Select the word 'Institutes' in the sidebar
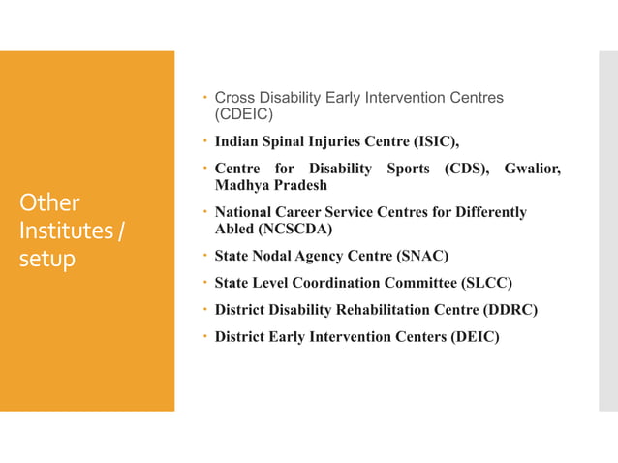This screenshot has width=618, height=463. (x=63, y=231)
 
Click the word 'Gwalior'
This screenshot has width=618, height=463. (x=532, y=170)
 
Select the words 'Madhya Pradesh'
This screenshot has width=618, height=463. (x=271, y=185)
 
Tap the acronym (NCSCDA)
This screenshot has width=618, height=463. (x=287, y=229)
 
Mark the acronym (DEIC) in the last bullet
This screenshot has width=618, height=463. (x=468, y=338)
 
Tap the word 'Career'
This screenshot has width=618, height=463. (x=306, y=212)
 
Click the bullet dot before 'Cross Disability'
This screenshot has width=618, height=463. (x=206, y=98)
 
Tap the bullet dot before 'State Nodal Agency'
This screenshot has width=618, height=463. (x=206, y=257)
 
